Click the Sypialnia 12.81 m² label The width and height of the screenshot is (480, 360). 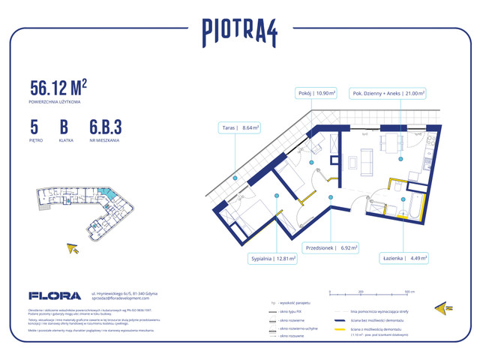[x=273, y=259]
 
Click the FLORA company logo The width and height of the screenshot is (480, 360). [x=55, y=295]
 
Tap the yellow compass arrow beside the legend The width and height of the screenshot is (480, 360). [x=443, y=308]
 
